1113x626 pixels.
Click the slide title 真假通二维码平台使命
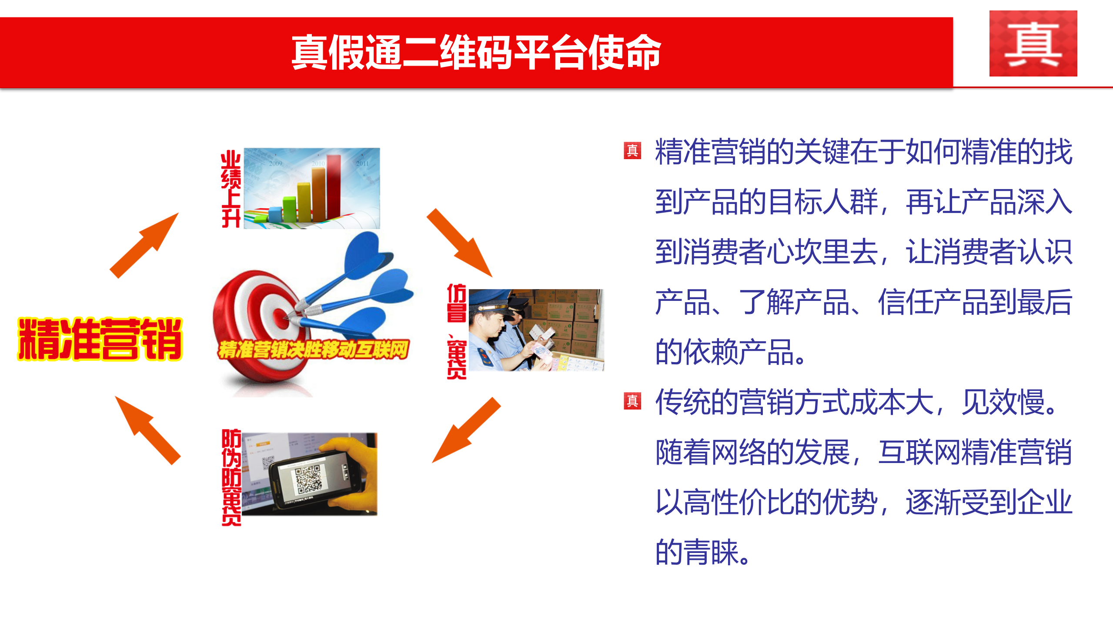point(476,53)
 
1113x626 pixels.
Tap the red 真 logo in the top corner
point(1033,43)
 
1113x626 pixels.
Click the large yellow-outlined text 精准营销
point(100,339)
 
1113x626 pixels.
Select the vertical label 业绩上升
point(231,189)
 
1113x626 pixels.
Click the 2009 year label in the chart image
point(275,163)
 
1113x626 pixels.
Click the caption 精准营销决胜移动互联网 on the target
point(313,350)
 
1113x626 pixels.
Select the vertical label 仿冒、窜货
point(456,331)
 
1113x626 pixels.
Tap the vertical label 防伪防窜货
point(231,477)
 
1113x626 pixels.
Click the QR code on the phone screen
point(307,479)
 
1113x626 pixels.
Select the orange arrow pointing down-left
point(466,430)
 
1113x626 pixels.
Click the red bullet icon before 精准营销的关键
point(632,151)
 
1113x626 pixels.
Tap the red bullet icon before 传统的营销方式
point(632,401)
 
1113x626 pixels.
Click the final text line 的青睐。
point(702,553)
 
